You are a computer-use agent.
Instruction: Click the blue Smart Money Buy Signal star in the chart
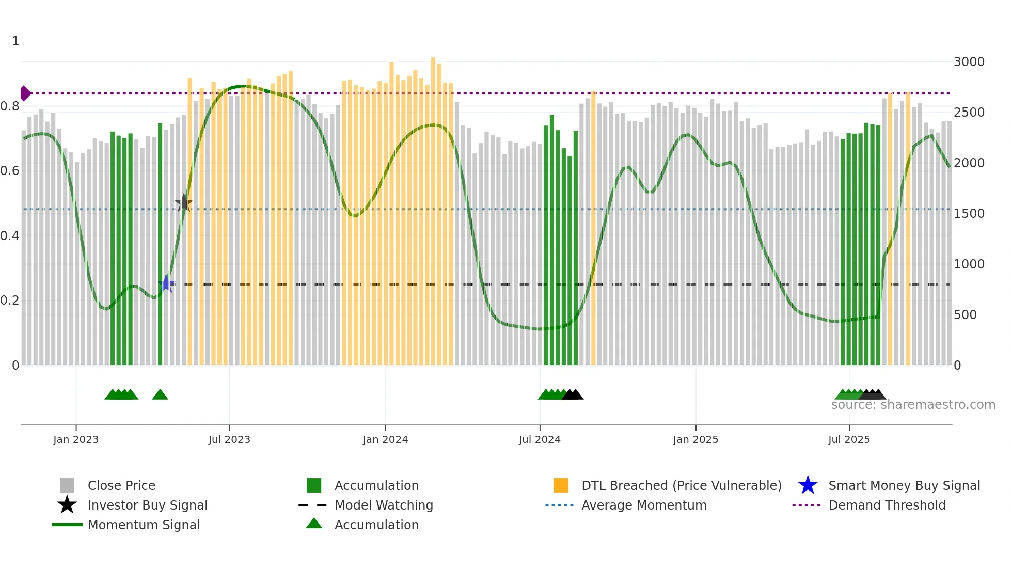tap(166, 283)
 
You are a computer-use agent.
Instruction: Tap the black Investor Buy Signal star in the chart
tap(183, 203)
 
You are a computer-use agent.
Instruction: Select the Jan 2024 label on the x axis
tap(385, 439)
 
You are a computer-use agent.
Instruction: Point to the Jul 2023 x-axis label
tap(229, 439)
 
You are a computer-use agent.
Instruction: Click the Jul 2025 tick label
tap(849, 439)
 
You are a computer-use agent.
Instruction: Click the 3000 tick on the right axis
tap(969, 62)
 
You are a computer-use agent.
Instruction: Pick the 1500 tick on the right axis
tap(969, 214)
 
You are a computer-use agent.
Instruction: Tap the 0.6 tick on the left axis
tap(10, 171)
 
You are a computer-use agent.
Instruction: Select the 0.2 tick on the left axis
tap(10, 301)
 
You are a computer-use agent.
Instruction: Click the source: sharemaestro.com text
tap(913, 405)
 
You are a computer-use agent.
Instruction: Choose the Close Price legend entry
tap(121, 485)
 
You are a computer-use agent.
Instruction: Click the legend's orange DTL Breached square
tap(561, 485)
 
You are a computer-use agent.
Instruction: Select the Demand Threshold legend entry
tap(887, 505)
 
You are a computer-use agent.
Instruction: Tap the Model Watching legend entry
tap(384, 505)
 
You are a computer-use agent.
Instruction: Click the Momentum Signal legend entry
tap(144, 525)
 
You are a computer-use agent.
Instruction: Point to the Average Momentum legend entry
tap(643, 505)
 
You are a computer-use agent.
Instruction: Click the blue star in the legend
tap(808, 485)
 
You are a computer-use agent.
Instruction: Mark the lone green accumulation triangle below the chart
tap(160, 395)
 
